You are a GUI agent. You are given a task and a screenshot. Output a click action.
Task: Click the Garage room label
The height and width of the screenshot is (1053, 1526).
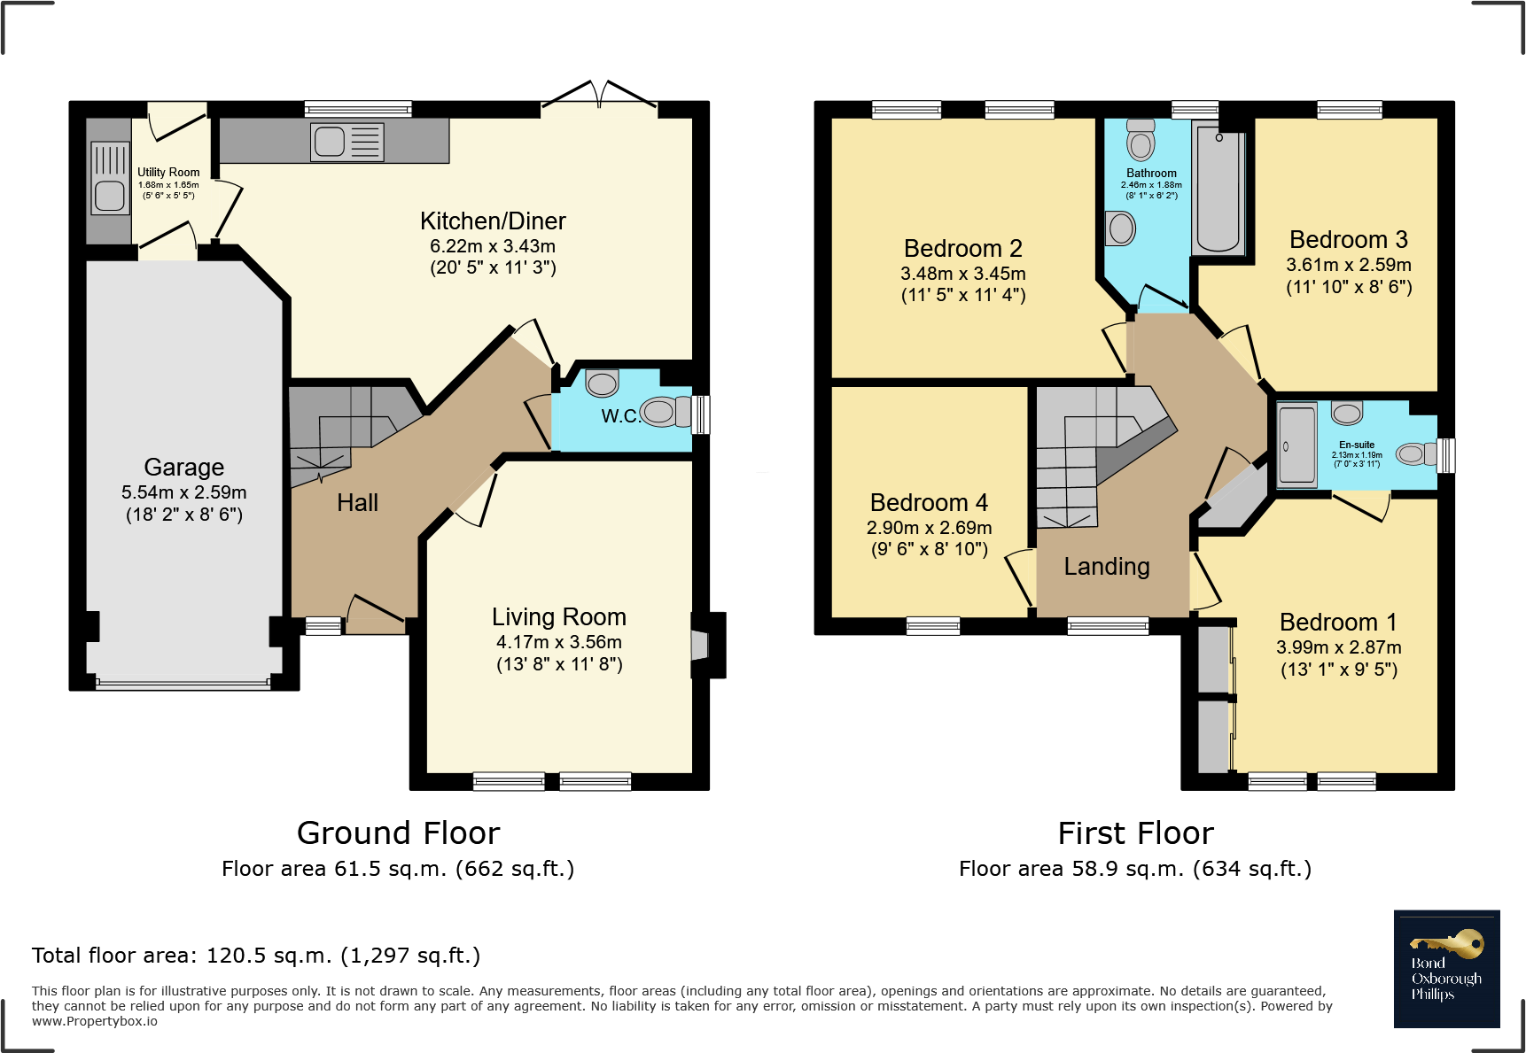(183, 467)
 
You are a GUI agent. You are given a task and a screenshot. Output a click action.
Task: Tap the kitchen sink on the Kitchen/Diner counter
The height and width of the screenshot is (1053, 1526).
(330, 142)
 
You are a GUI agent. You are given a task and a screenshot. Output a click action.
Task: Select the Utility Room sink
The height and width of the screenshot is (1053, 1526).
(110, 195)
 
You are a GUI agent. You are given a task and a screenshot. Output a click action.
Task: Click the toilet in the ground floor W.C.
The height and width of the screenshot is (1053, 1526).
(666, 412)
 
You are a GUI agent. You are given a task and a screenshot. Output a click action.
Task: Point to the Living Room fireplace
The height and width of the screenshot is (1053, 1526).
(700, 645)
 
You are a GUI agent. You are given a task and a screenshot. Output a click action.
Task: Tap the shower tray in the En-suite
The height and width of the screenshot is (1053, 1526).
(1297, 445)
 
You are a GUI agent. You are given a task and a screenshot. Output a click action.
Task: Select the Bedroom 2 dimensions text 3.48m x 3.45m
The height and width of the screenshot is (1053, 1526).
(962, 274)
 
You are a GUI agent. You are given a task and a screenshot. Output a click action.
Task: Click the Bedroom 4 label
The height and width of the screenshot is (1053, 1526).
(929, 502)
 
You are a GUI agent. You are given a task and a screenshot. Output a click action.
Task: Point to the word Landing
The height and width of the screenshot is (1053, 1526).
(1107, 567)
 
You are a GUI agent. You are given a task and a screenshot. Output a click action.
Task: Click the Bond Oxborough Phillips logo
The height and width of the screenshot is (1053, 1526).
(1446, 969)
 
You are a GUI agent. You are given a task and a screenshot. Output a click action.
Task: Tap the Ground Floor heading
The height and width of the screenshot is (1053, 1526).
(398, 833)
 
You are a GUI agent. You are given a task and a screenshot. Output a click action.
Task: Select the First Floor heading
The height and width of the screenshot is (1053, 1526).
(1135, 833)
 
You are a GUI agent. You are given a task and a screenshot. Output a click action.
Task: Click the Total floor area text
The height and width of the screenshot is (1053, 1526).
(256, 956)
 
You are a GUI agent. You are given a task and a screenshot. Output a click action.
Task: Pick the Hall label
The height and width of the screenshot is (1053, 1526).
(357, 503)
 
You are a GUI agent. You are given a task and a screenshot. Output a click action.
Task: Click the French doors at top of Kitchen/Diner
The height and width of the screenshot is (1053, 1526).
(600, 96)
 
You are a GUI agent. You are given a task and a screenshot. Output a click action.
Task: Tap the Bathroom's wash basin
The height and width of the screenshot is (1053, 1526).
(1121, 228)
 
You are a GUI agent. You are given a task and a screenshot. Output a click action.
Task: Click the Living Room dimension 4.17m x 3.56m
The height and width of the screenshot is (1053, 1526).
(558, 642)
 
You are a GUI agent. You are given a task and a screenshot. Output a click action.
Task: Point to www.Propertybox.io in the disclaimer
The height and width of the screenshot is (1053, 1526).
(95, 1021)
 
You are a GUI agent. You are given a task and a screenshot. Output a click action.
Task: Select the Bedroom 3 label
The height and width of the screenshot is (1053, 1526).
(1348, 240)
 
